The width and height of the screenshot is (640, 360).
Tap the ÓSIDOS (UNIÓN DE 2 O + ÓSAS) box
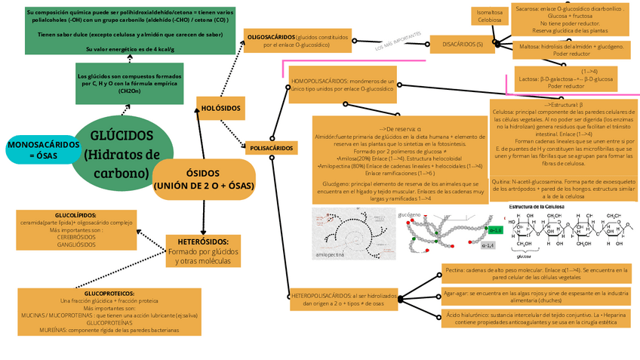[203, 179]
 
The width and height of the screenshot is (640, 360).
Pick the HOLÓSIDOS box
[220, 108]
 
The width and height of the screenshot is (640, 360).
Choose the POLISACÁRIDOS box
[271, 148]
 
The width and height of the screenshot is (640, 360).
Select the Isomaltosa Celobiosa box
[489, 16]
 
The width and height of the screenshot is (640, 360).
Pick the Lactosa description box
[567, 78]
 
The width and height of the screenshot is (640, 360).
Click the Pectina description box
[536, 273]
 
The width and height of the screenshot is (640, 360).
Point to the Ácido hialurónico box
[536, 318]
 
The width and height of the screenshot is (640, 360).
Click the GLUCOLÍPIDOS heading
[75, 215]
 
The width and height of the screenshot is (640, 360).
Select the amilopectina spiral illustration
[341, 234]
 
